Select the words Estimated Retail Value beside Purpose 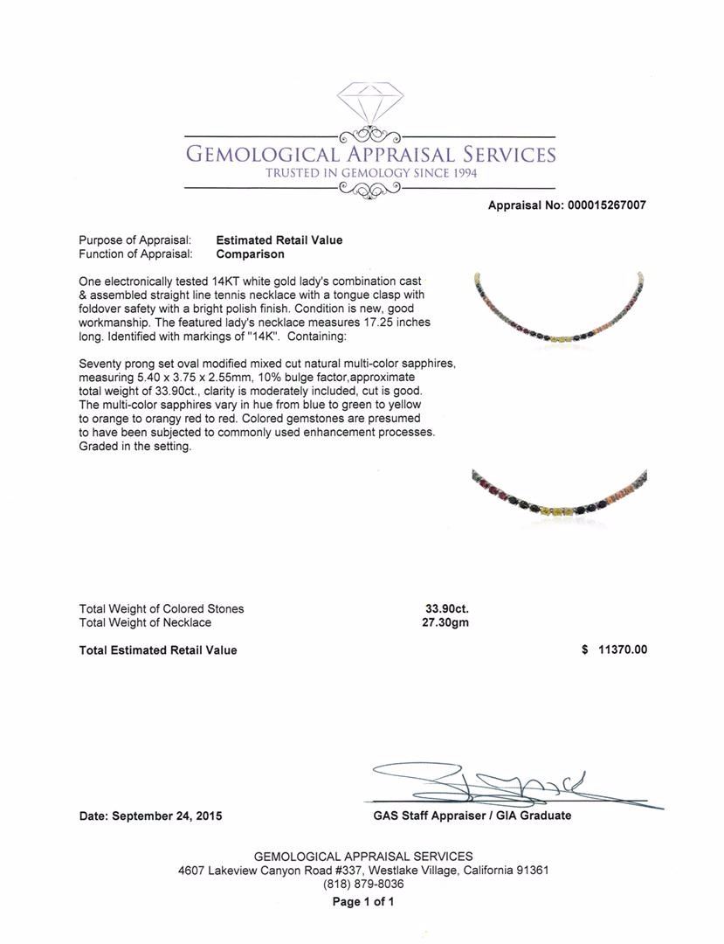click(279, 240)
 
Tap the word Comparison click(250, 254)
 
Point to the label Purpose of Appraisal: click(135, 240)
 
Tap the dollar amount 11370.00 click(622, 649)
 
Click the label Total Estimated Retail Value click(158, 650)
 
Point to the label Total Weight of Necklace click(145, 622)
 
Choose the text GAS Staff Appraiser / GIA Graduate click(472, 816)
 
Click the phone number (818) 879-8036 click(363, 884)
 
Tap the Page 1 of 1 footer click(363, 902)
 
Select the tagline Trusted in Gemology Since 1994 click(371, 173)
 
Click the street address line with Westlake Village click(363, 871)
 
